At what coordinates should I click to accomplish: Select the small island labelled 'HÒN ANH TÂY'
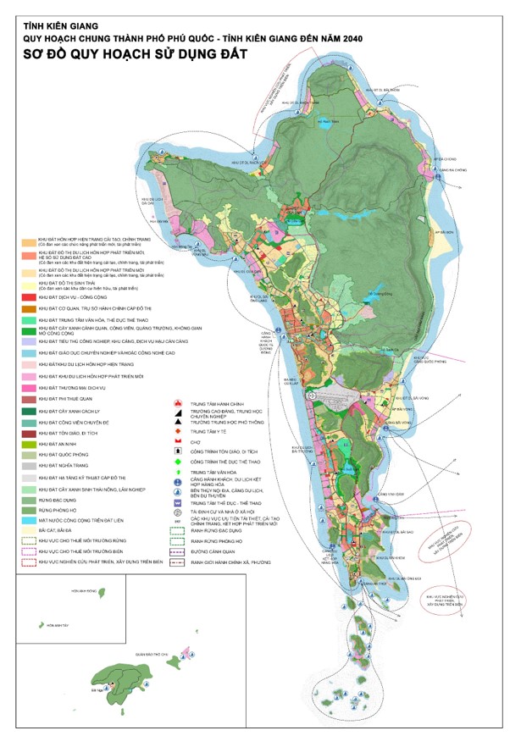click(38, 625)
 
